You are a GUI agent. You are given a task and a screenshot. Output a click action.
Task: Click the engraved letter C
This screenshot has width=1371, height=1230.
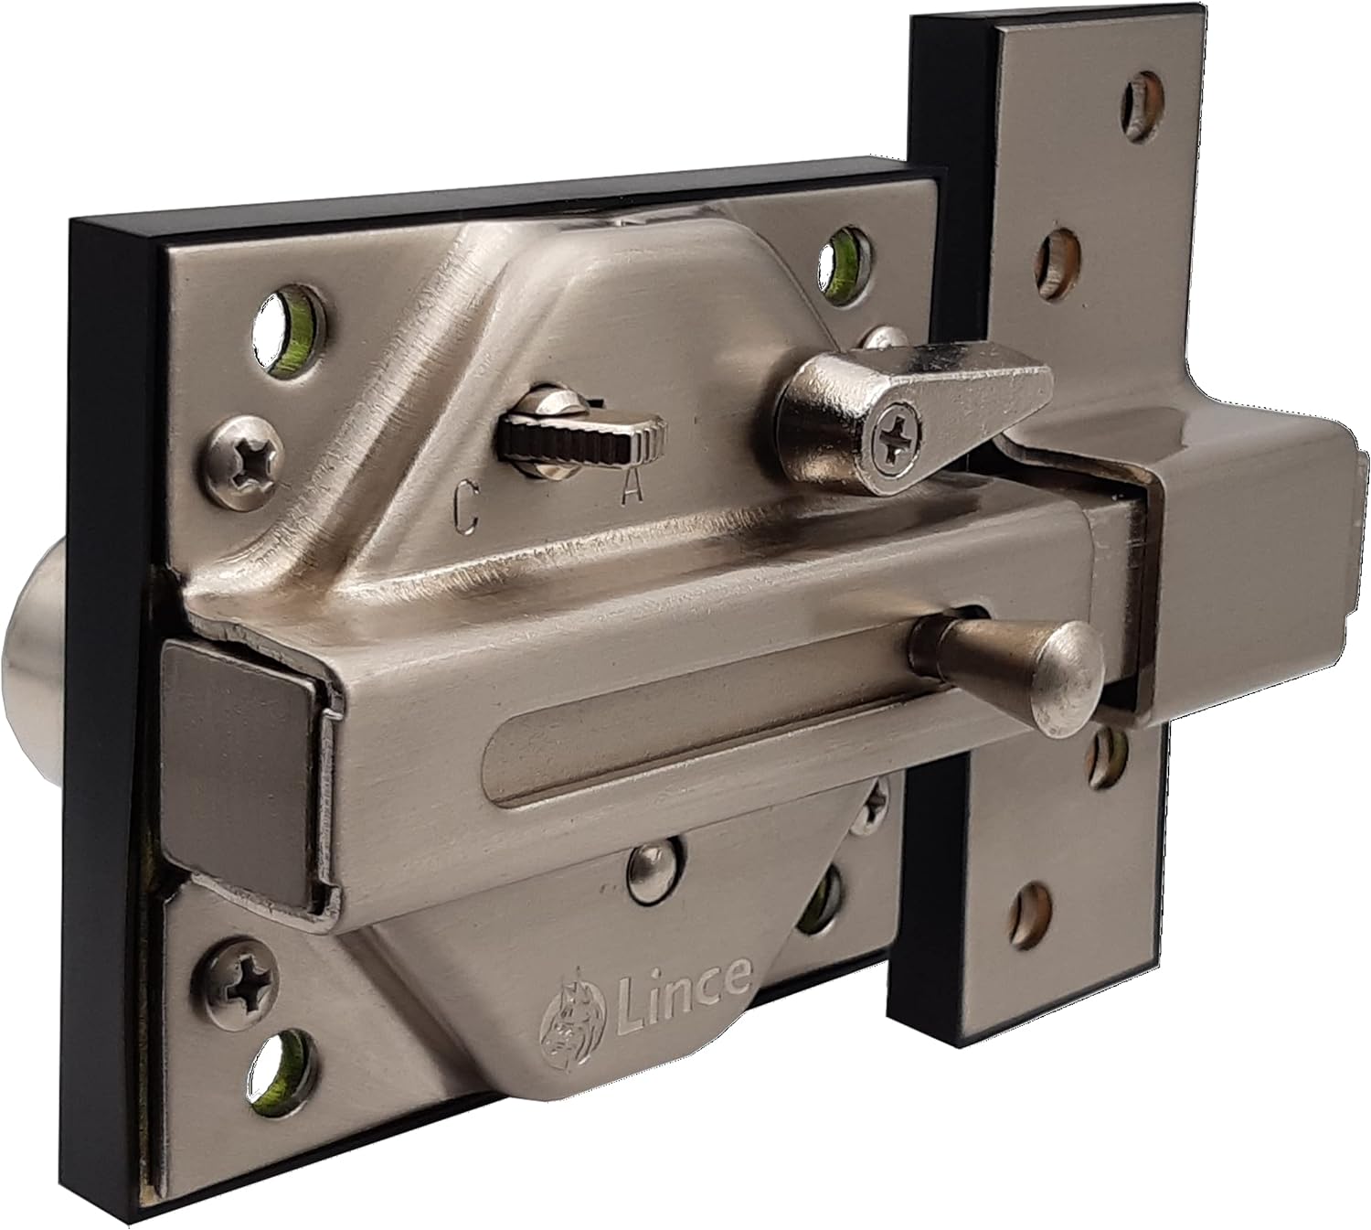(x=466, y=504)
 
